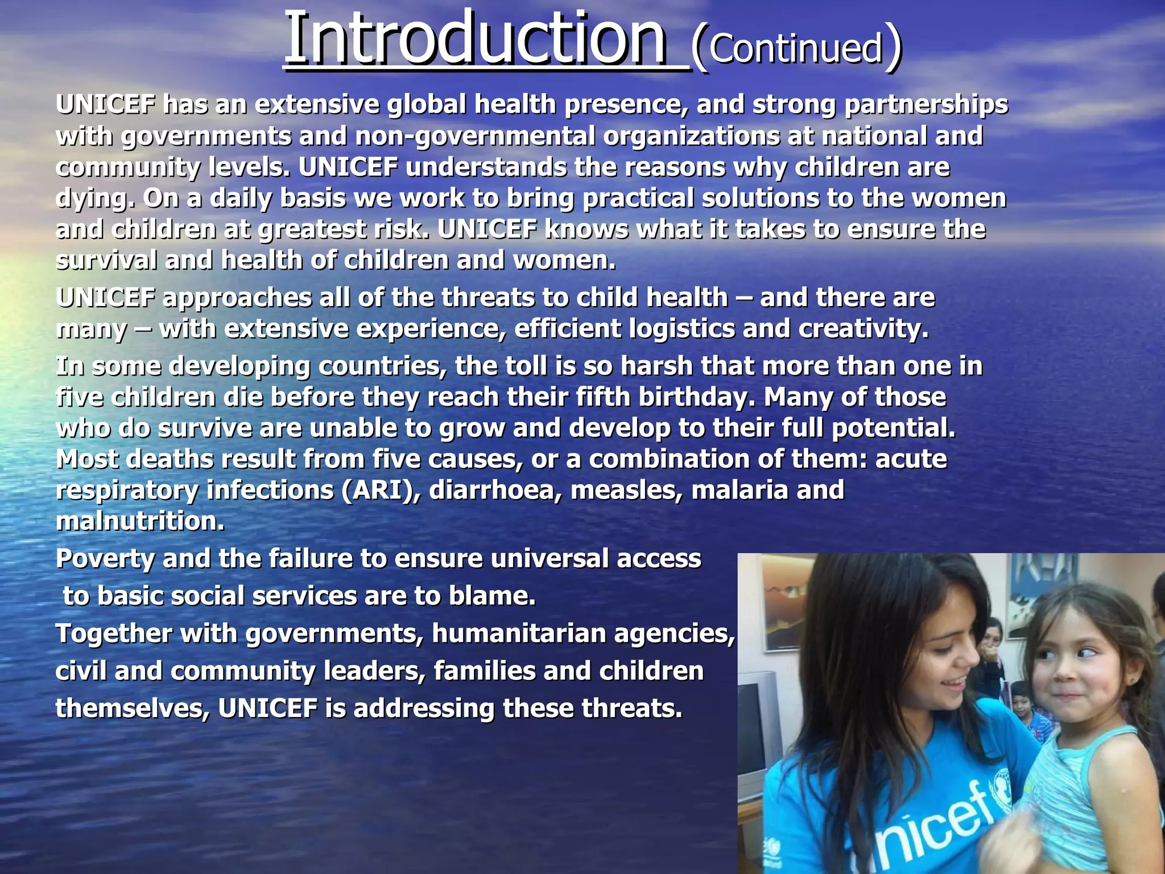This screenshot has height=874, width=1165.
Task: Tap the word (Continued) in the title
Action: point(796,48)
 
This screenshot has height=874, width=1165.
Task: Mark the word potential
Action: point(894,428)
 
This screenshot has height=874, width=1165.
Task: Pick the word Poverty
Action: point(105,559)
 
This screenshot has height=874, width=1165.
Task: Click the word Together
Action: point(114,634)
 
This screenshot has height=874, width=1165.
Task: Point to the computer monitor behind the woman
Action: point(757,723)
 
